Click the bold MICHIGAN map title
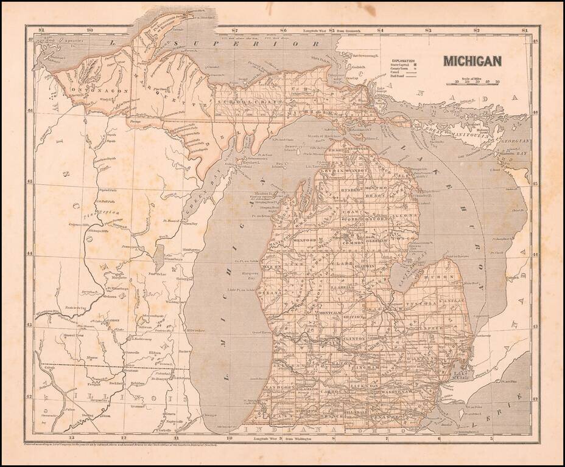coord(472,60)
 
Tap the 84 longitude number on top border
coord(379,29)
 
